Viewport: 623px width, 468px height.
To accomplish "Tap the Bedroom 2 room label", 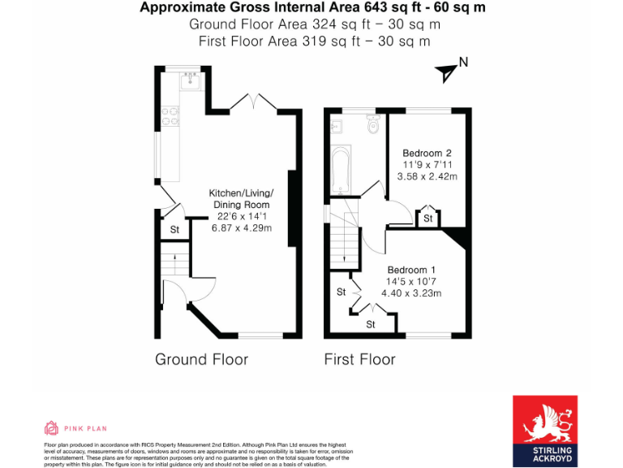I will tap(427, 153).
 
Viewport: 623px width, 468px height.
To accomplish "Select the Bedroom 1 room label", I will tap(411, 270).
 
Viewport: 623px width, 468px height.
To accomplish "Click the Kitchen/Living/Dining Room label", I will tap(241, 199).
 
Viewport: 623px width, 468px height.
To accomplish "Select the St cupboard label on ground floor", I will tap(174, 231).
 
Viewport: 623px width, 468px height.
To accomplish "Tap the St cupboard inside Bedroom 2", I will tap(427, 218).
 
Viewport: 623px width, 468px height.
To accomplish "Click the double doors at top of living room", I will tap(254, 102).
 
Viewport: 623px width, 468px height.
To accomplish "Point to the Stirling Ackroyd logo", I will tap(544, 431).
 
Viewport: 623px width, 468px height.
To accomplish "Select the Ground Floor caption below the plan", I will tap(201, 359).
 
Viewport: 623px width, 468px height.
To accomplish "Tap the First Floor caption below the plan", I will tap(359, 359).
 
